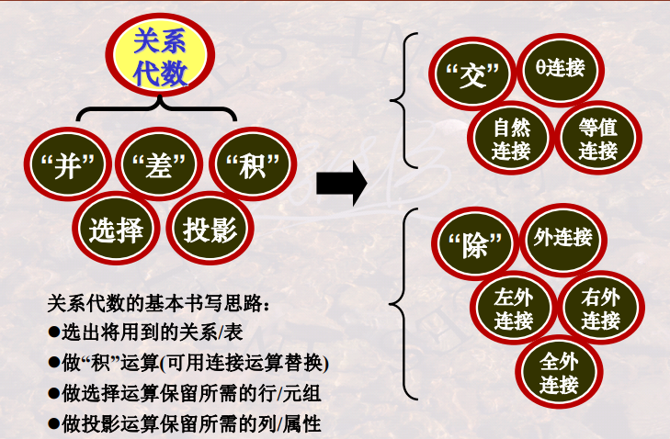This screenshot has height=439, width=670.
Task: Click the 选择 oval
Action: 116,229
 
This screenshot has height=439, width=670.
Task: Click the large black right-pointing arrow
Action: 341,185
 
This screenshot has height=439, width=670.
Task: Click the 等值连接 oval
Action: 598,138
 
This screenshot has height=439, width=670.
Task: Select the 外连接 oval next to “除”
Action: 562,239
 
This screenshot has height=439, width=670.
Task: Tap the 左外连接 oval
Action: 514,310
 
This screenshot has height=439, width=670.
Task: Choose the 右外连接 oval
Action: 601,310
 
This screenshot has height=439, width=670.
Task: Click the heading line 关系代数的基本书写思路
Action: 158,303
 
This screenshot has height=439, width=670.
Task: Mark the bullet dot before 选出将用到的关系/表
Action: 54,332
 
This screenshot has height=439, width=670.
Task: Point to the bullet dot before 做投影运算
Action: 54,424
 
